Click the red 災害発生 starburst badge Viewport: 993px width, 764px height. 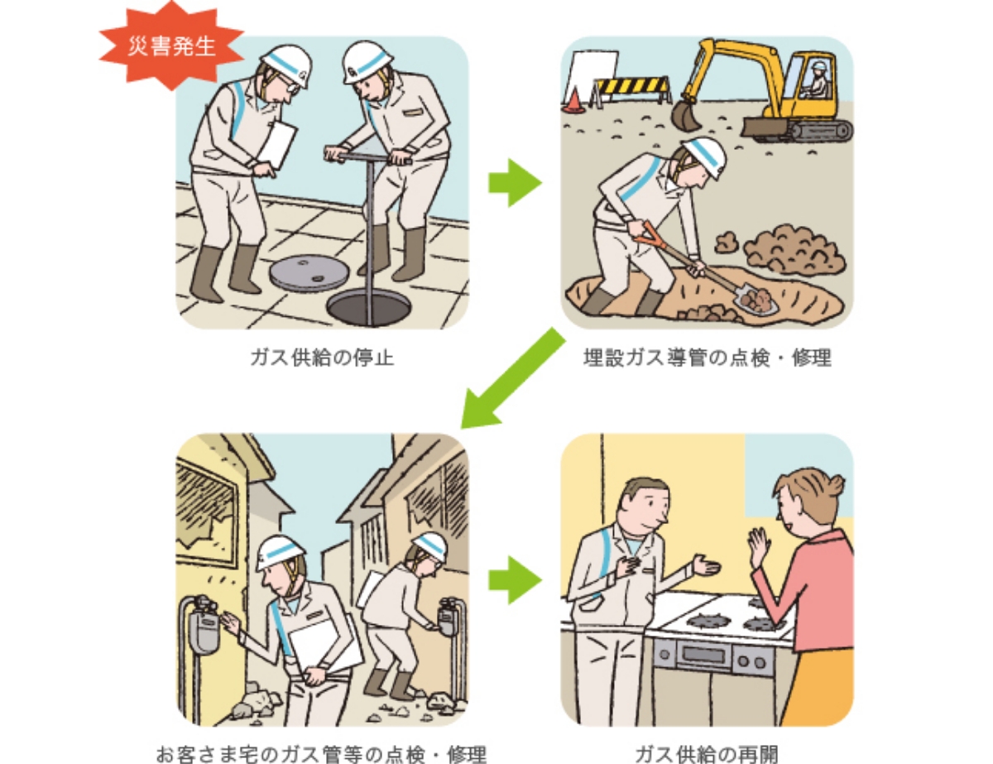[x=171, y=46]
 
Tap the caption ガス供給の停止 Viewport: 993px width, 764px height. [x=322, y=358]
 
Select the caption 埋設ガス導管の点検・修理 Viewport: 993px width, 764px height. [x=707, y=358]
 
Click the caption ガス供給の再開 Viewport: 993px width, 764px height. [x=707, y=753]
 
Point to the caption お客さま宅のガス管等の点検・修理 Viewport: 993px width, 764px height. [x=321, y=753]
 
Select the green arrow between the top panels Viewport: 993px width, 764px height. [x=515, y=183]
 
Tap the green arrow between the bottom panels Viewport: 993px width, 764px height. [x=515, y=580]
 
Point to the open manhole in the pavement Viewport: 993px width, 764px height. [x=368, y=309]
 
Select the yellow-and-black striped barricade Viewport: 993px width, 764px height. [x=632, y=91]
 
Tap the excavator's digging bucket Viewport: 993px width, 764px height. [x=685, y=115]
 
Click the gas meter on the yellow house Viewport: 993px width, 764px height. [x=204, y=622]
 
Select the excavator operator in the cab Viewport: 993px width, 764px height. [x=818, y=79]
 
